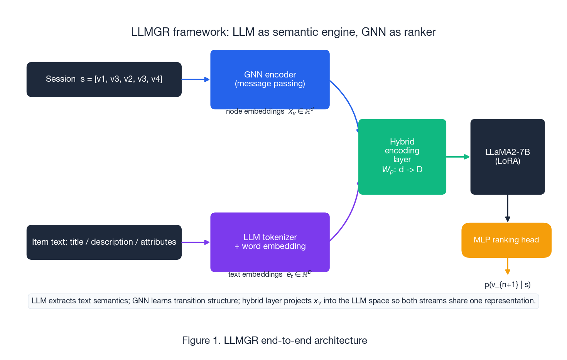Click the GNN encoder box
270,79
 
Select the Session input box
104,79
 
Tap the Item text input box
104,242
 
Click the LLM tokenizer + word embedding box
270,242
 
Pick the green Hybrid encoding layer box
402,156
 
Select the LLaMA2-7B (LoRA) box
507,156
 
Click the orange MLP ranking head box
506,240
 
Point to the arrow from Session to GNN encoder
195,79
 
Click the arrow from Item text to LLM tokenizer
195,242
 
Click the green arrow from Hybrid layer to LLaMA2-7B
458,157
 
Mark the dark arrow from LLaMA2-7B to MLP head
508,208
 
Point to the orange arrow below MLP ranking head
508,266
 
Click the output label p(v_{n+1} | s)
507,285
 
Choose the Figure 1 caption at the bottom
274,340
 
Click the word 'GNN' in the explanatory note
140,301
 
